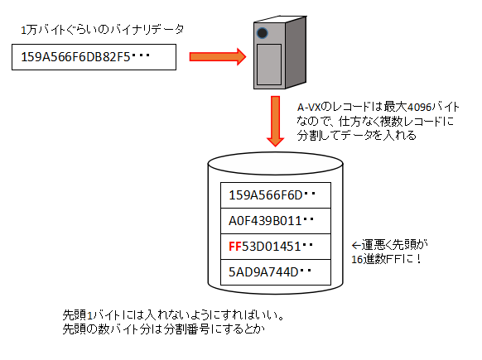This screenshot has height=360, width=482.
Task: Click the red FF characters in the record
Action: coord(235,247)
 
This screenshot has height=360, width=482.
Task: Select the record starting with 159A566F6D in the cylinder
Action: coord(276,195)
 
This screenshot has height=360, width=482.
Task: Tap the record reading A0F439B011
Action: coord(276,221)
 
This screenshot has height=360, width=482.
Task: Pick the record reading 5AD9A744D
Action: coord(276,272)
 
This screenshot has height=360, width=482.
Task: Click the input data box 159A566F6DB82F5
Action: coord(94,57)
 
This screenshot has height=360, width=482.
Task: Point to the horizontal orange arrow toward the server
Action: coord(218,57)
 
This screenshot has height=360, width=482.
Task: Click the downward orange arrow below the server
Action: coord(276,122)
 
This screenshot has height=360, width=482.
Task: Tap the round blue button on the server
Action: coord(263,33)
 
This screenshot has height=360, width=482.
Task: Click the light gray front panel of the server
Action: coord(269,65)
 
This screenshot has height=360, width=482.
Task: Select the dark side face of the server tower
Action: coord(296,52)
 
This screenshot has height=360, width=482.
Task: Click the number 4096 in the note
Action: coord(419,108)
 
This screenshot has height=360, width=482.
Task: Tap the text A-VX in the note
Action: coord(309,108)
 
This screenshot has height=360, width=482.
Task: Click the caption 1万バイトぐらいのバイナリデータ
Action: coord(102,30)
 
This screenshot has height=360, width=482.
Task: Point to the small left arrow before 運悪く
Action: coord(356,246)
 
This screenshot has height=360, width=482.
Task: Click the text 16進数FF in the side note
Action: coord(376,260)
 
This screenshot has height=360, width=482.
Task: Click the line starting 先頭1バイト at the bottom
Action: coord(173,315)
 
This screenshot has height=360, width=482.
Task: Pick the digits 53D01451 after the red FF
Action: coord(271,247)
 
